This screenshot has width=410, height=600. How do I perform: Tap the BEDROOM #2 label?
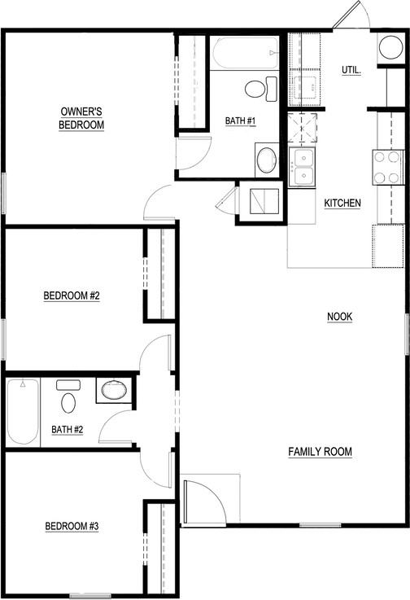tap(71, 296)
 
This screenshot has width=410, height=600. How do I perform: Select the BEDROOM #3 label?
tap(71, 527)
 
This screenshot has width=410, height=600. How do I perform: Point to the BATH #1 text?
tap(241, 121)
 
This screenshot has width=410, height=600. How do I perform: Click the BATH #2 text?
tap(67, 429)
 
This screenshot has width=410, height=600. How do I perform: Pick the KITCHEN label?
tap(342, 203)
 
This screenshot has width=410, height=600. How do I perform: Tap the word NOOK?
tap(340, 316)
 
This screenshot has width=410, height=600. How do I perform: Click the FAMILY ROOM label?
tap(319, 451)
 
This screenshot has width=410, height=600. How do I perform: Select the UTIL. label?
tap(351, 70)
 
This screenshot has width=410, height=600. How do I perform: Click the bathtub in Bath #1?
tap(245, 53)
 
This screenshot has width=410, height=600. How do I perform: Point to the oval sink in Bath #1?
tap(267, 160)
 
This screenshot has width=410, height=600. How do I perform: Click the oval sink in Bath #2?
tap(113, 391)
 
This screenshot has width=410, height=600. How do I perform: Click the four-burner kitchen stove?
tap(387, 167)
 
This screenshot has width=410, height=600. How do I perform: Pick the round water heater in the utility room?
tap(388, 47)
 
